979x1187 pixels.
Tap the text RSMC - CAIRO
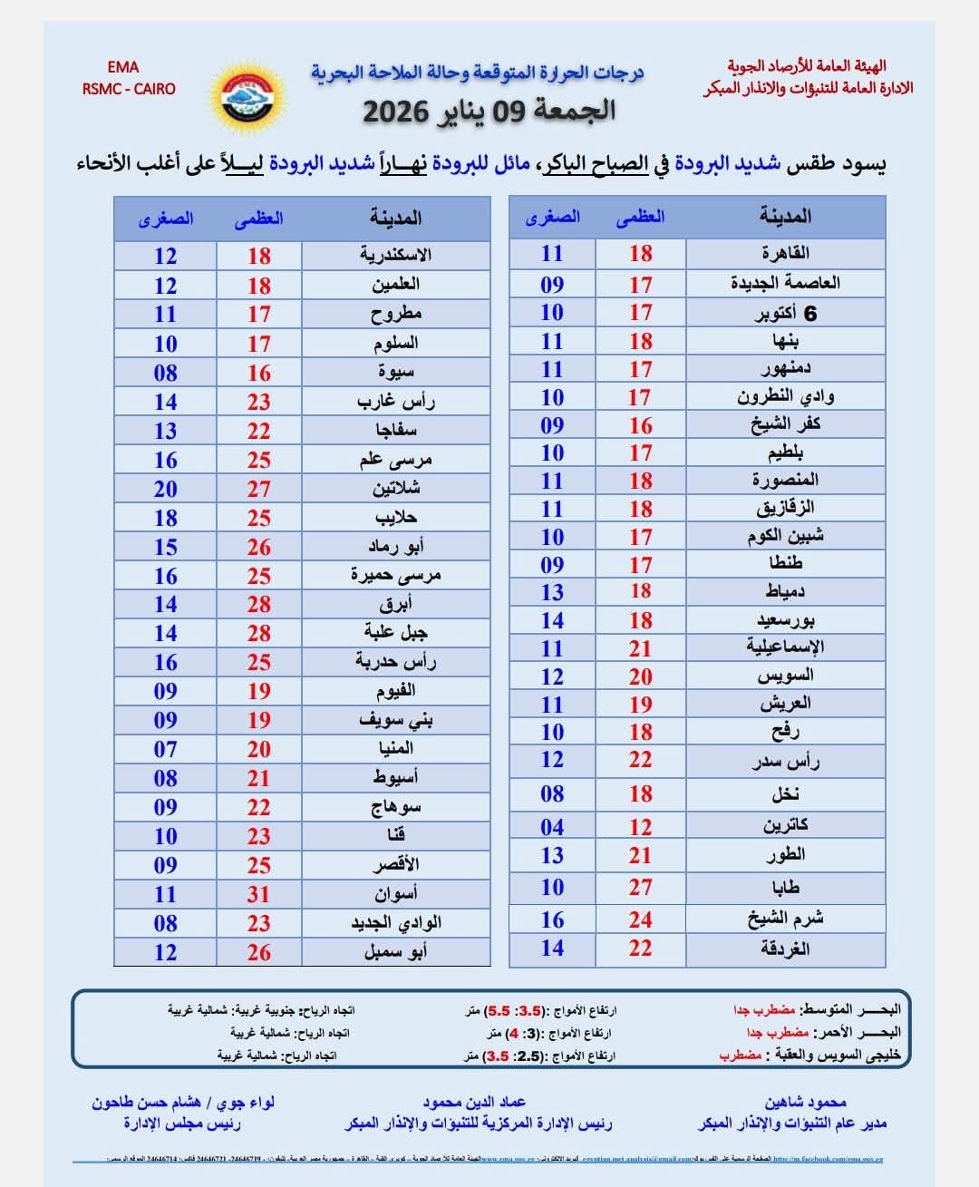129,89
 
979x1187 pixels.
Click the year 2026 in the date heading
395,112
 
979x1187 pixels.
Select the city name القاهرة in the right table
785,253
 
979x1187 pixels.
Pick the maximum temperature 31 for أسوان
259,894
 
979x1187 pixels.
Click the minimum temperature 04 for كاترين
552,827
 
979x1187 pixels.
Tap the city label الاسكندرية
395,255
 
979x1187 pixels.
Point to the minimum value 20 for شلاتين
165,489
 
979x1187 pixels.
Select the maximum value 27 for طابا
640,888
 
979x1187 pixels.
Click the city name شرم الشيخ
785,919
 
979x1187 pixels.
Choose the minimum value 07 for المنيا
165,749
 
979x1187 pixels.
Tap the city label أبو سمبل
395,952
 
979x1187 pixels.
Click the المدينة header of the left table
395,218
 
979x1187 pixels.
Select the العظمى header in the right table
640,217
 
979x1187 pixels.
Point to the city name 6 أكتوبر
785,314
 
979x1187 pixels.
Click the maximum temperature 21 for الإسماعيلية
640,648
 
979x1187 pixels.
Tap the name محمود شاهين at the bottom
805,1102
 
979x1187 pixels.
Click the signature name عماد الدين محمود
474,1102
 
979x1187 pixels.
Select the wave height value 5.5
499,1010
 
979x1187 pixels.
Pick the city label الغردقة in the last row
785,949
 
